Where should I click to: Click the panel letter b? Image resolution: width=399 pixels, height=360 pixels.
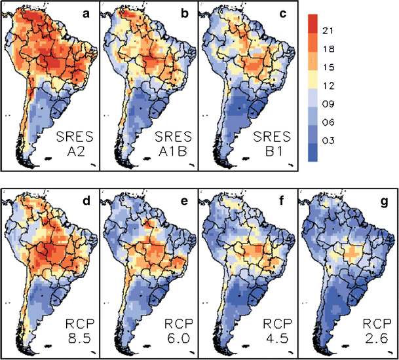186,13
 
